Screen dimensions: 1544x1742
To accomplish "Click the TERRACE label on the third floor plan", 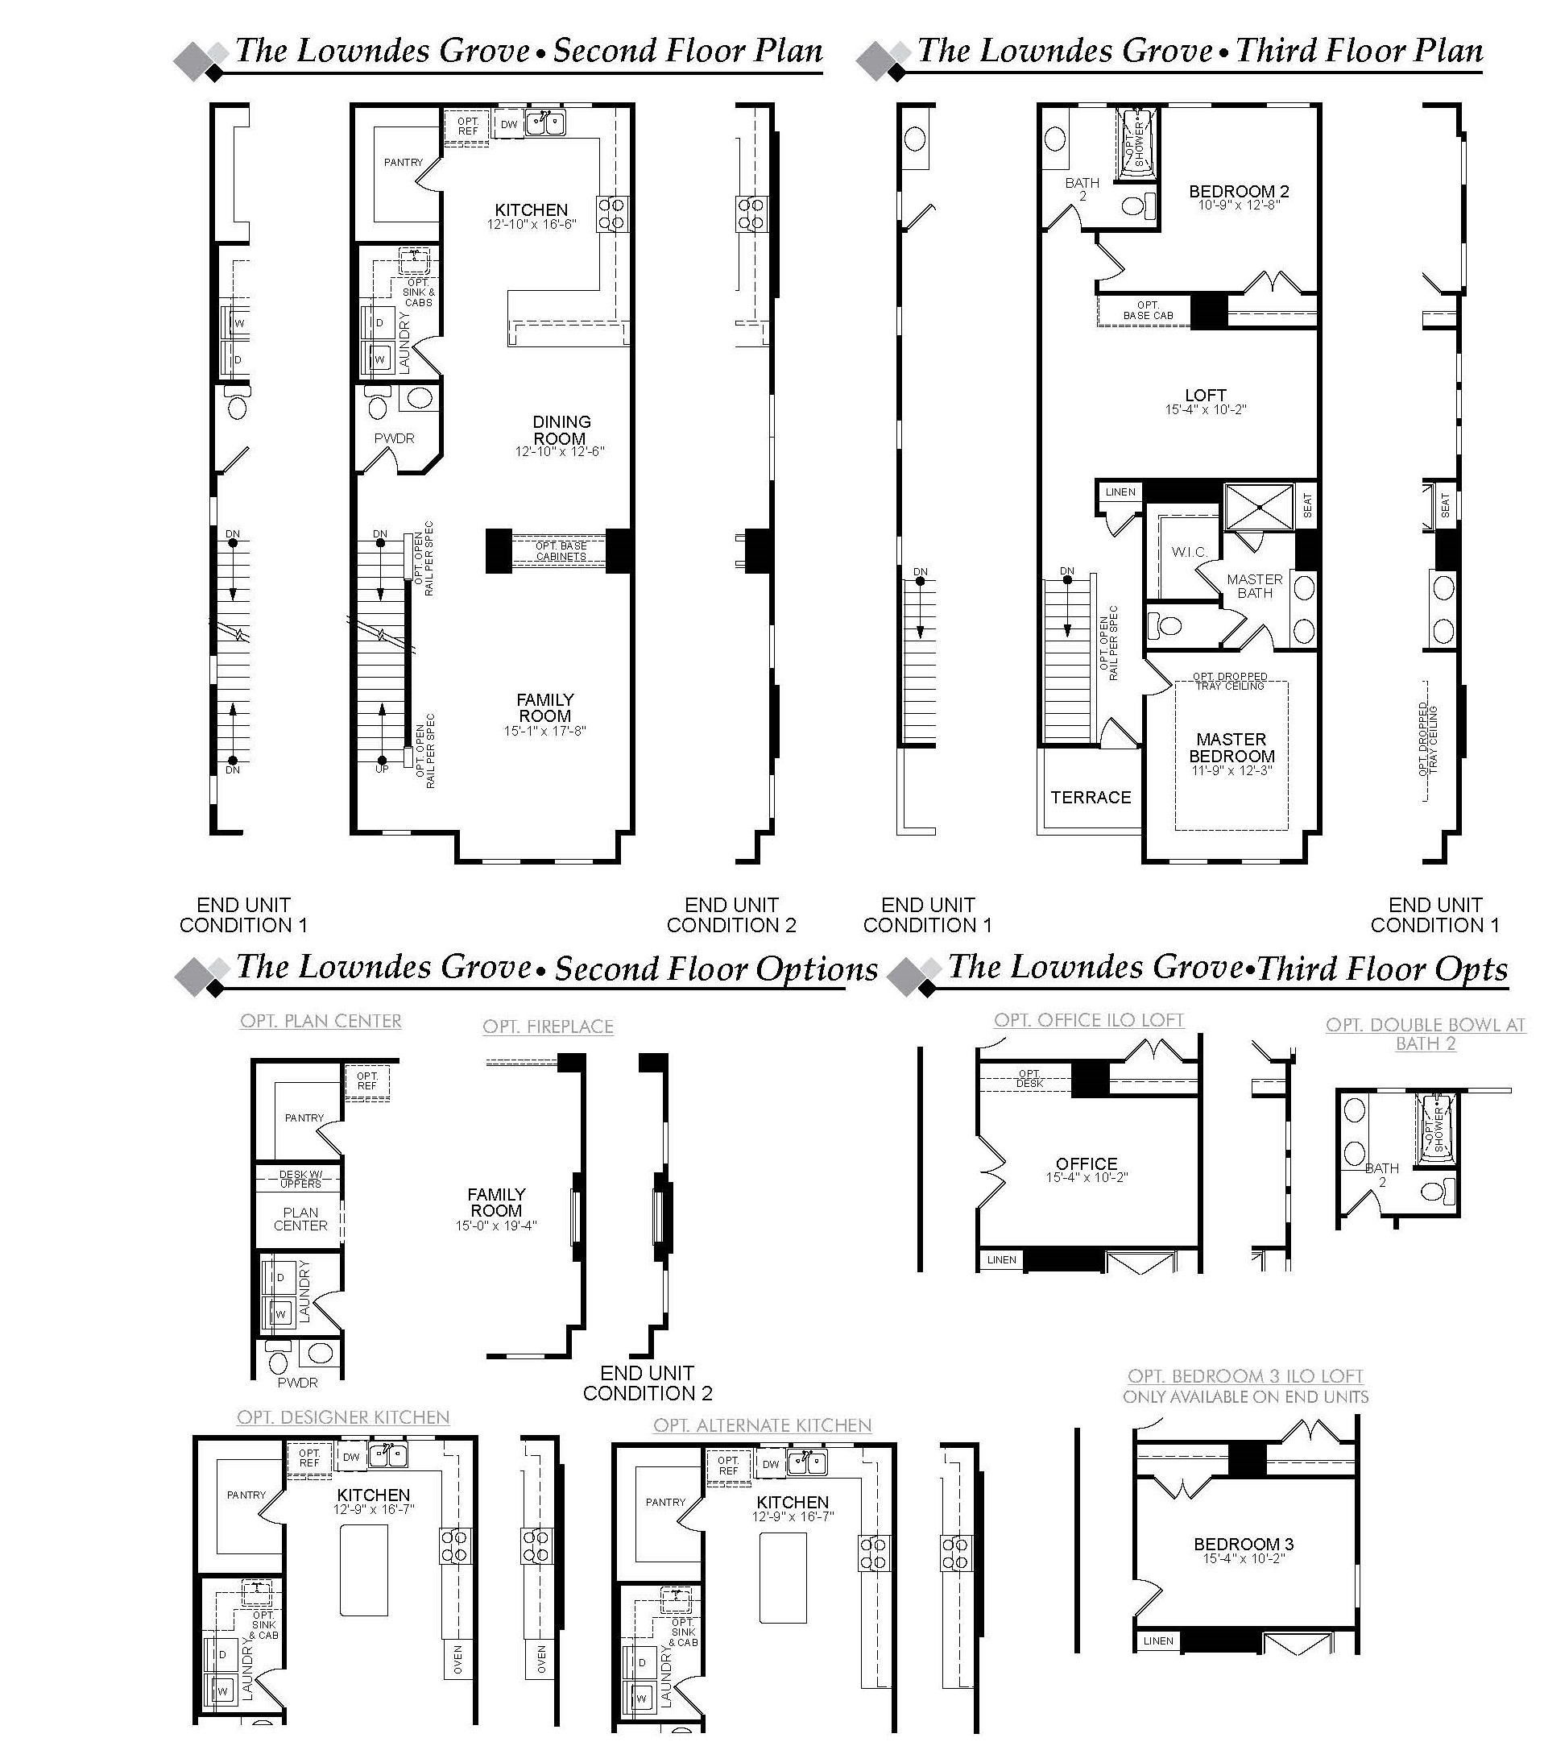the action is tap(1091, 797).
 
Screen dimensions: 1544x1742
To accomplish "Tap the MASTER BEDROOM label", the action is tap(1231, 748).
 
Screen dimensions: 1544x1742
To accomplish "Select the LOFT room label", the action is tap(1206, 396).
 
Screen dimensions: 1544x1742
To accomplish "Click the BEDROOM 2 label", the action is tap(1239, 192).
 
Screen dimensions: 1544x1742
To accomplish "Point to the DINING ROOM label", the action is tap(561, 430).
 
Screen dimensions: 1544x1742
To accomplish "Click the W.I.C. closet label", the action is tap(1189, 552).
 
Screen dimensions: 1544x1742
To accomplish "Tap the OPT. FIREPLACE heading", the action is tap(548, 1027).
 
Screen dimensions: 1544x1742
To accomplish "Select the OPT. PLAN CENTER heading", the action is tap(321, 1021).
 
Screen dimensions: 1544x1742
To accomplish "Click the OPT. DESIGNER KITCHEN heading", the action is tap(343, 1417).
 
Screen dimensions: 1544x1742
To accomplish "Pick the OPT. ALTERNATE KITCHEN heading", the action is tap(763, 1425).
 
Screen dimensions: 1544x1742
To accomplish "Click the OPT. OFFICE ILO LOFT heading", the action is tap(1089, 1020).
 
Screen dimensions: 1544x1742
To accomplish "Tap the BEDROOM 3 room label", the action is tap(1244, 1545).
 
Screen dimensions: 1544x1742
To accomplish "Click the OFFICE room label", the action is tap(1087, 1164).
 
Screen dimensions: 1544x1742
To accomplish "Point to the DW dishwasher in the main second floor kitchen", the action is tap(509, 124).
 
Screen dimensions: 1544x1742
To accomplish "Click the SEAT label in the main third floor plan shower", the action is tap(1308, 506).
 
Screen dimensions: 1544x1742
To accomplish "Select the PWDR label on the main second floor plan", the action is tap(395, 438).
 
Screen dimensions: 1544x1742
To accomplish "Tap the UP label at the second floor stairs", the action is tap(382, 769).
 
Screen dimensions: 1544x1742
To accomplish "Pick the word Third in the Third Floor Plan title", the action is tap(1275, 50).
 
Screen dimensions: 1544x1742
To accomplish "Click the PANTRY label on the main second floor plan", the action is tap(403, 162).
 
